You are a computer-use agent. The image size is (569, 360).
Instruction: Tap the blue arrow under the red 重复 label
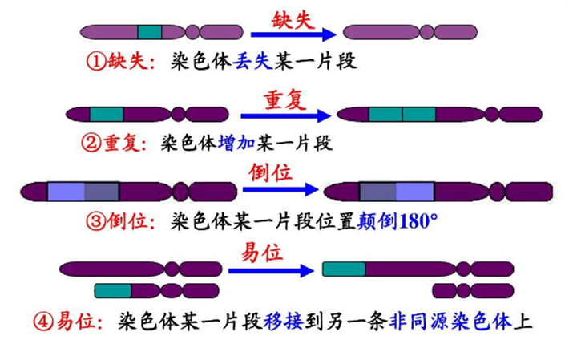(284, 115)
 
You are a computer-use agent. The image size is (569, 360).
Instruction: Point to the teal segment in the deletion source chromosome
(149, 33)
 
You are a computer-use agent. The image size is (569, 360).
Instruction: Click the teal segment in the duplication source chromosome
(106, 115)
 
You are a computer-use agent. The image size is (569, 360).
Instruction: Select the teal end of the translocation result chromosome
(344, 269)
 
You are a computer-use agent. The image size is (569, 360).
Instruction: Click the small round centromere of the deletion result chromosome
(426, 33)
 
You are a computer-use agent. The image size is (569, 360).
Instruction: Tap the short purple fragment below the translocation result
(462, 290)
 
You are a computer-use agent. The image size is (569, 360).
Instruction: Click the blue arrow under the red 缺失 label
(292, 34)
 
